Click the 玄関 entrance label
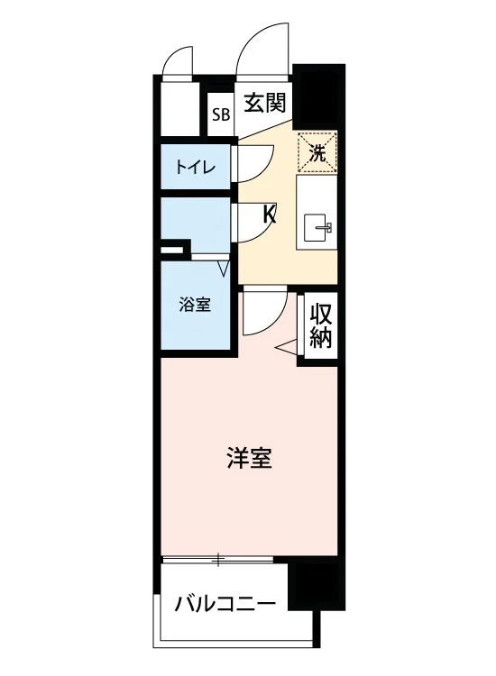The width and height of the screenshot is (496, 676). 265,103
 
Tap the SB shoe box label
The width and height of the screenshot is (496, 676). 220,114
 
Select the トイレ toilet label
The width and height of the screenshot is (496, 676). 195,167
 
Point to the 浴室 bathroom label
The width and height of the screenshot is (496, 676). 195,305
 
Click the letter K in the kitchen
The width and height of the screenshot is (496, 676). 270,215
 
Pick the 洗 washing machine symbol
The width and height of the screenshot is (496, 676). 317,153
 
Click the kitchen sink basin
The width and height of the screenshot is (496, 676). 317,228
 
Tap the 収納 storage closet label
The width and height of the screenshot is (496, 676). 321,325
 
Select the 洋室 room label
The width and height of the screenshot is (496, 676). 249,458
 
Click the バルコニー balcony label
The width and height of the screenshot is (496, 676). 225,604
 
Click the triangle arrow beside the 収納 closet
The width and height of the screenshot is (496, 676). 287,347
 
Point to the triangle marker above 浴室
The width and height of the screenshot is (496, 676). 224,269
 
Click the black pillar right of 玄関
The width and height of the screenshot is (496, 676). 318,96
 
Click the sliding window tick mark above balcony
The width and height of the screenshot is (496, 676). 218,560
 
